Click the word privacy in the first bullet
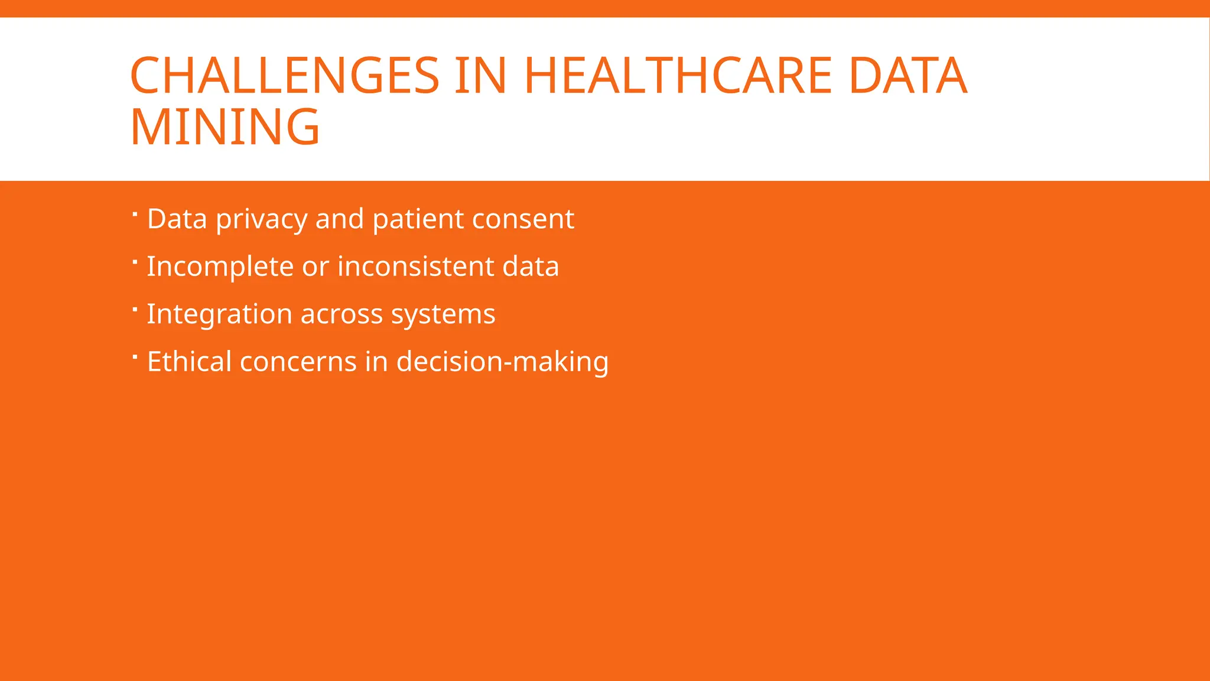[x=261, y=220]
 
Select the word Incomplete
[x=220, y=267]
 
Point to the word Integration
[x=219, y=314]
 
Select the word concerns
[x=298, y=362]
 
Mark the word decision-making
[x=502, y=362]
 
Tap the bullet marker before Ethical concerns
[x=135, y=356]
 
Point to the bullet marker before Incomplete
[x=135, y=261]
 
